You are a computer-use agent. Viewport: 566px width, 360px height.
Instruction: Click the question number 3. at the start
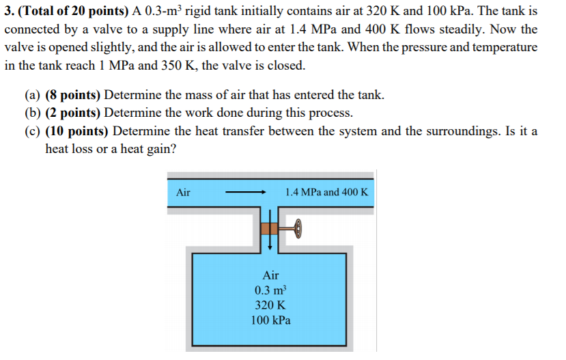point(9,12)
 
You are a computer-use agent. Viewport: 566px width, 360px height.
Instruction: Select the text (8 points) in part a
point(74,95)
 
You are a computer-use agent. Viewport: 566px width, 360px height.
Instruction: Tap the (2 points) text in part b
point(74,113)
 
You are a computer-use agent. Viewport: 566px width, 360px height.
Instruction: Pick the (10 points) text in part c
point(77,130)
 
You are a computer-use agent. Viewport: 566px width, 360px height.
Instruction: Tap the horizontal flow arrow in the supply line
point(245,193)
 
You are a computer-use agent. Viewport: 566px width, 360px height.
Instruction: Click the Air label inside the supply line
point(183,193)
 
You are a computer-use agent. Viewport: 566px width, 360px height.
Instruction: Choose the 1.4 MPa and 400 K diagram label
point(326,193)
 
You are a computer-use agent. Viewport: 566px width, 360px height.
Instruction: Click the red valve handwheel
point(298,230)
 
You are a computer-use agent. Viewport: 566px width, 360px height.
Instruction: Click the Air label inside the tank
point(270,275)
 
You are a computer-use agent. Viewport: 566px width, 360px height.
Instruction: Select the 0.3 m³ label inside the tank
point(270,290)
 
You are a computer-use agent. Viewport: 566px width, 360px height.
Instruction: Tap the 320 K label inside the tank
point(270,305)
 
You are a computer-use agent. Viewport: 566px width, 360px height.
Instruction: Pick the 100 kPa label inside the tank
point(270,320)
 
